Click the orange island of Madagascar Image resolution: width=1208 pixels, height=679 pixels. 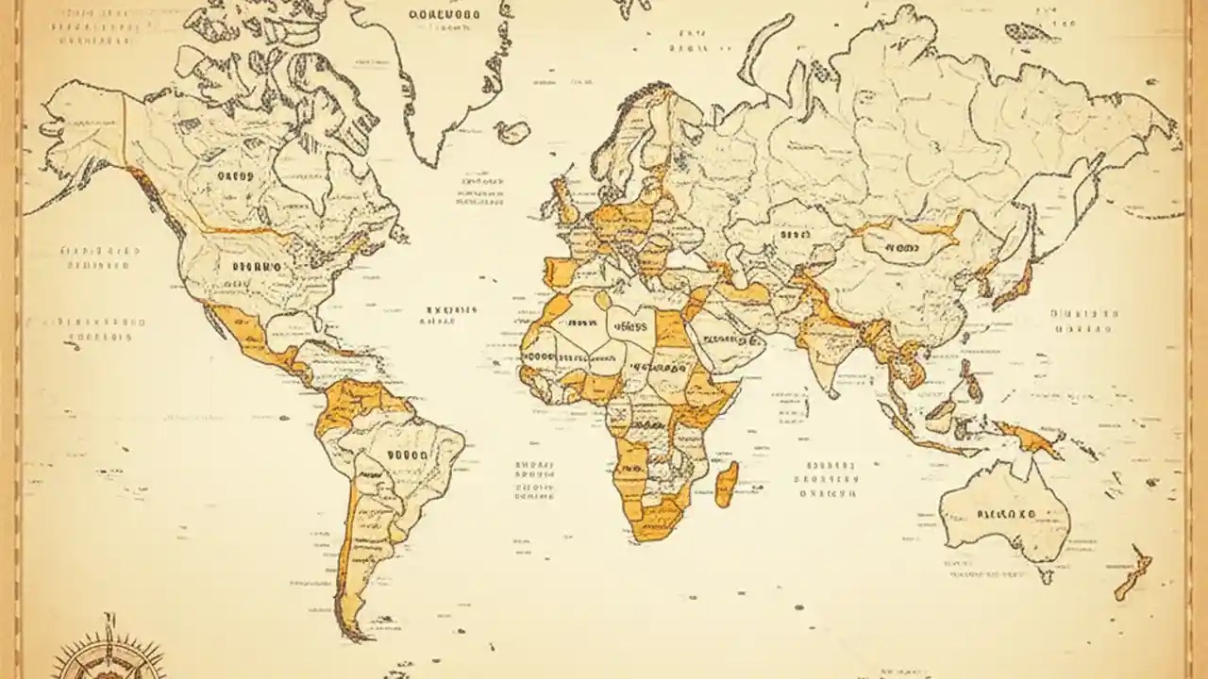pos(726,484)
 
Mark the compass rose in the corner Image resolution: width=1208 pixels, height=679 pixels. pos(106,653)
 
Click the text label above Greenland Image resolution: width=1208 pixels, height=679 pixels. pos(444,15)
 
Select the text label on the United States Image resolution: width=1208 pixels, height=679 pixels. pos(257,267)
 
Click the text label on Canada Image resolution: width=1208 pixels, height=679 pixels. pos(235,175)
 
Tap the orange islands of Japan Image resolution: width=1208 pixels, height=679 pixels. pos(1012,283)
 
